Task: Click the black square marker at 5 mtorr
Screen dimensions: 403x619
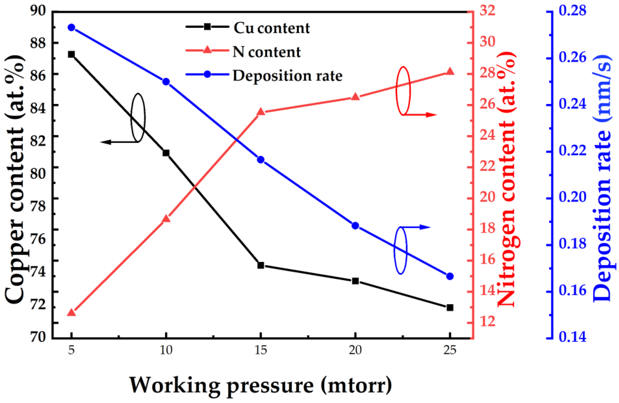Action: [71, 54]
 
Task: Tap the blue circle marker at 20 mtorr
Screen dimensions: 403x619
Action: [355, 225]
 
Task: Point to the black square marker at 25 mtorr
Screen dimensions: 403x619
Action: [450, 307]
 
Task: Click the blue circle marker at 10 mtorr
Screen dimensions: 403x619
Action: [166, 82]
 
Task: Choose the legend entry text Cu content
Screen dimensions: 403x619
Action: [272, 28]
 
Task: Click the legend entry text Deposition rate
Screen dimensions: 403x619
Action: [287, 76]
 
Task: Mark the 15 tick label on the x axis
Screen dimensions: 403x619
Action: [261, 350]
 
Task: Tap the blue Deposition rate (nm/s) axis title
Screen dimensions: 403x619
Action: [601, 182]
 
